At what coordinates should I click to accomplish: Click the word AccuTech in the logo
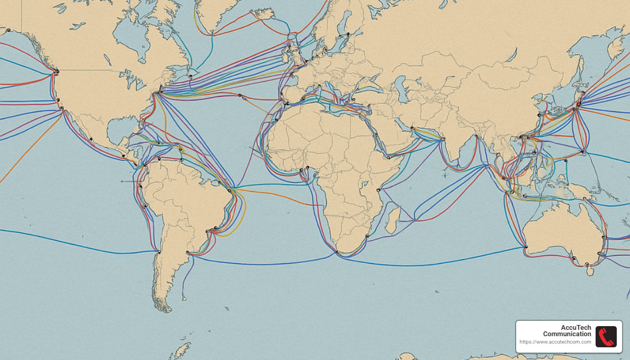576,328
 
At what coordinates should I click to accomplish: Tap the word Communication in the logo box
567,334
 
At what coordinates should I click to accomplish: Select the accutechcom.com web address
555,342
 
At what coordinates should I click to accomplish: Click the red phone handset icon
606,336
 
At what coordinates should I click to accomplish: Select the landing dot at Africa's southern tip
337,252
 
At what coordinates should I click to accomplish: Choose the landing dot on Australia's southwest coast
526,247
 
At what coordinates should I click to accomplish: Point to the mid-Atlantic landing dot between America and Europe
240,96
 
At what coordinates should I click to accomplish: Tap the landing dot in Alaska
8,30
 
